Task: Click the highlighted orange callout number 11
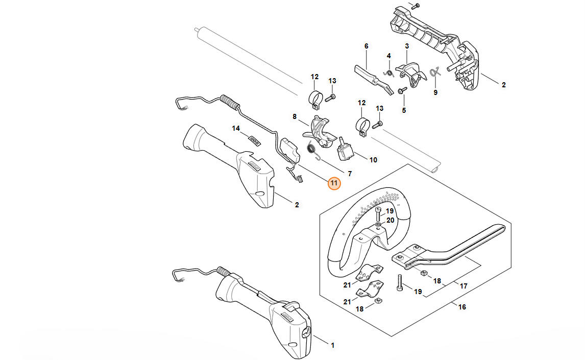click(334, 183)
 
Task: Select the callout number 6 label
click(366, 46)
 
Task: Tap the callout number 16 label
click(462, 307)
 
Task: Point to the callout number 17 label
click(464, 286)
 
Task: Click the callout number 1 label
click(332, 346)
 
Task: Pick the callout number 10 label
click(373, 160)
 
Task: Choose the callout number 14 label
click(236, 129)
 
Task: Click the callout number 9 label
click(435, 92)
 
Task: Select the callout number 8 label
click(295, 116)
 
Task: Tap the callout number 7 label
click(350, 174)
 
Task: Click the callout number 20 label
click(390, 220)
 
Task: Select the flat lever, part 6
click(373, 77)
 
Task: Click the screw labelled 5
click(401, 90)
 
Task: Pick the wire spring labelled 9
click(434, 73)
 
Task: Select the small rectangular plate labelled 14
click(254, 138)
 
